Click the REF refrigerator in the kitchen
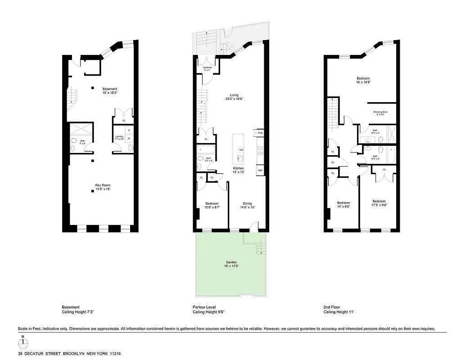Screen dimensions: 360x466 [260, 170]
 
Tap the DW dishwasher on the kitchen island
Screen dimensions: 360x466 [241, 150]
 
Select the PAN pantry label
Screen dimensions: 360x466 [260, 133]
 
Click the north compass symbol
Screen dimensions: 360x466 [23, 344]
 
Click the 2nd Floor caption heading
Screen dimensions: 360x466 [332, 307]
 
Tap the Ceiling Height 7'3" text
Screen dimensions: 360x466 [77, 312]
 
